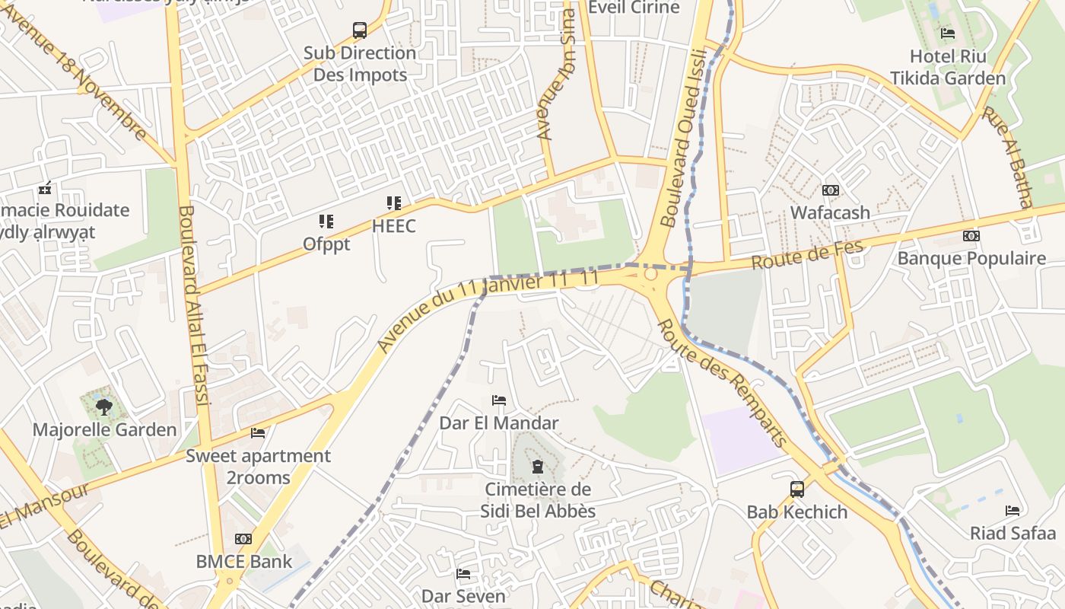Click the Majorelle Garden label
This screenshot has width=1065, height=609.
tap(104, 429)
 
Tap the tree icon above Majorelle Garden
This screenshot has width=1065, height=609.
tap(104, 407)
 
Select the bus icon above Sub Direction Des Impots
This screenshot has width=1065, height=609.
tap(360, 30)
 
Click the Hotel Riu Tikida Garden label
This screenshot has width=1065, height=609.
tap(948, 67)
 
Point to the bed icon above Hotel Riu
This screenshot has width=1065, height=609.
tap(948, 33)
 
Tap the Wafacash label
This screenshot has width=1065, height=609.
tap(830, 212)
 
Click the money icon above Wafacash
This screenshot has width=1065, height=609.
tap(830, 190)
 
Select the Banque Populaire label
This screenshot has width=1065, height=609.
tap(971, 258)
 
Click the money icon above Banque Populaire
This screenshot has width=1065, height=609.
tap(971, 236)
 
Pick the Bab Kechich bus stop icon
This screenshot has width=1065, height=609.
tap(797, 489)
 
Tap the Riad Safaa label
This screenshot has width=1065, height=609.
tap(1013, 533)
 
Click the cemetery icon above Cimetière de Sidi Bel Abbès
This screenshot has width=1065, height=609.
tap(538, 467)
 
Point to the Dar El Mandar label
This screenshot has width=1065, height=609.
tap(499, 422)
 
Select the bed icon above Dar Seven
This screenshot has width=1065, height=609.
tap(463, 574)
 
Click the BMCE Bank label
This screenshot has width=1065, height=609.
tap(244, 562)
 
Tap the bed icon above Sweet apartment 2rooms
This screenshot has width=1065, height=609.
tap(258, 433)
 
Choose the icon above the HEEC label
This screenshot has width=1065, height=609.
tap(393, 203)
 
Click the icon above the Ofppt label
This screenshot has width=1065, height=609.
tap(326, 222)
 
